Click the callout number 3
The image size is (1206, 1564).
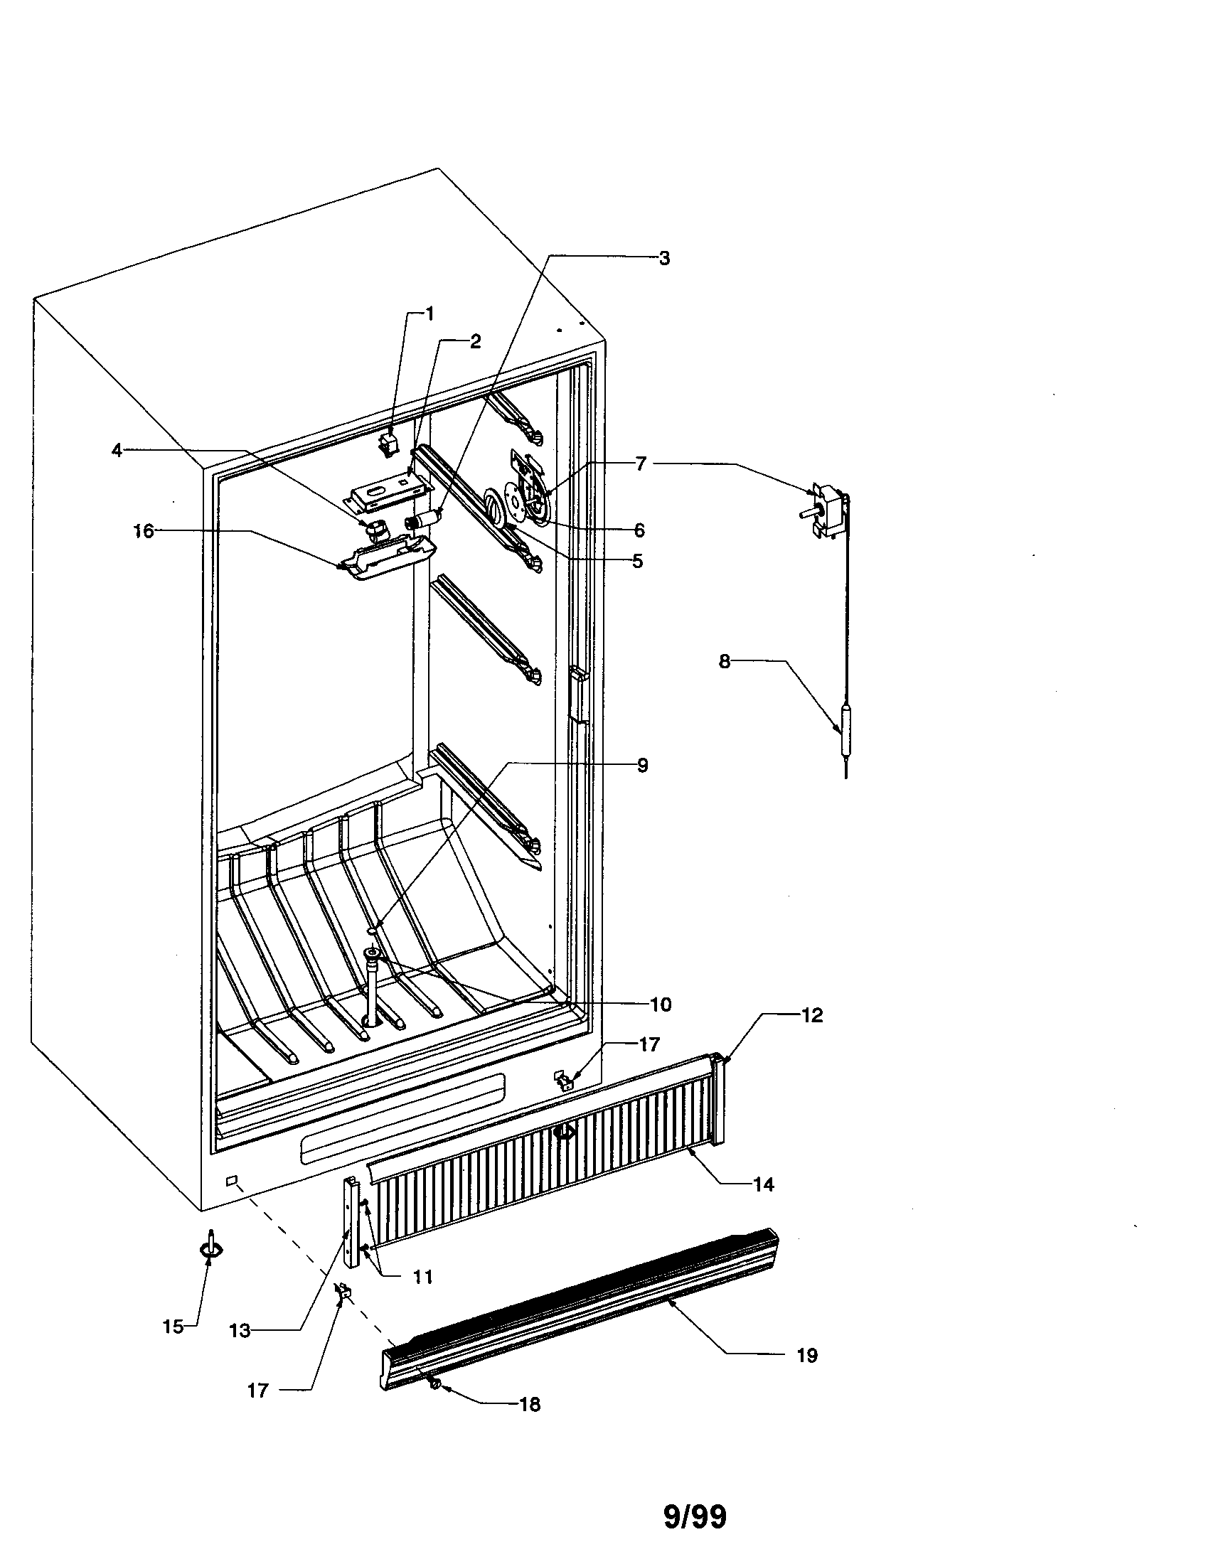(664, 259)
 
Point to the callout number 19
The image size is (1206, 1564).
(806, 1355)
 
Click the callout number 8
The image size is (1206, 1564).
(724, 662)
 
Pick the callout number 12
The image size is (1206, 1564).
(811, 1014)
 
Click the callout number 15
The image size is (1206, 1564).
(173, 1327)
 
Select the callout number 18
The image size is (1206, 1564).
(529, 1404)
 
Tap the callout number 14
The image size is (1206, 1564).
(764, 1184)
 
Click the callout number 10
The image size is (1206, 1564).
(661, 1005)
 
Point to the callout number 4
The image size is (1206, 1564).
(117, 451)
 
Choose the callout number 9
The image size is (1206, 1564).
(642, 766)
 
